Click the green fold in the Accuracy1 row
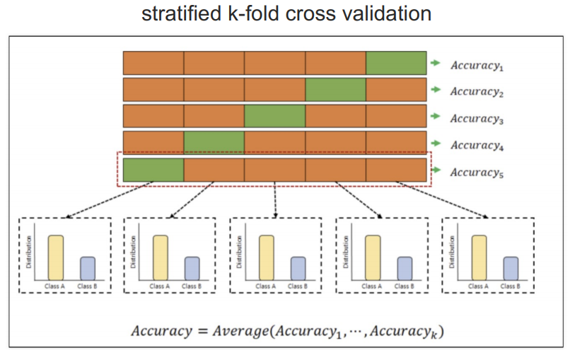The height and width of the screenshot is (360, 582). (x=396, y=63)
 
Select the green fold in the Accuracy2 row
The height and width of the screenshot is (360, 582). (x=335, y=90)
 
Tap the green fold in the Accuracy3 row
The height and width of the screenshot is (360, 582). (x=274, y=117)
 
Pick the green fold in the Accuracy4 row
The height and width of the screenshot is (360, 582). (x=214, y=143)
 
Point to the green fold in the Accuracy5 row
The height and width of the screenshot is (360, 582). (x=153, y=170)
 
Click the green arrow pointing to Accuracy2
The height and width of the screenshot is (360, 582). (x=436, y=90)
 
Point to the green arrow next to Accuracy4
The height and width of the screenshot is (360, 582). (x=436, y=143)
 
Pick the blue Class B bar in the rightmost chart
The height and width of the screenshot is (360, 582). (x=511, y=268)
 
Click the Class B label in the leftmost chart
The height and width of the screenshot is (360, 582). (x=87, y=286)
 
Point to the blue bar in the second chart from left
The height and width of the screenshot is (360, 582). (x=192, y=268)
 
